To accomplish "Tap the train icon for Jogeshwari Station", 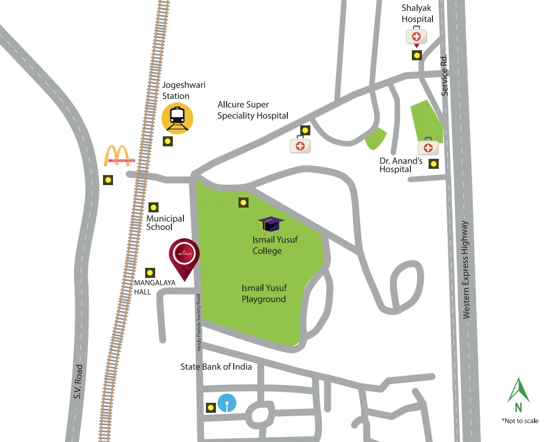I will pyautogui.click(x=177, y=118).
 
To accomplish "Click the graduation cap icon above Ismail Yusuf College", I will pyautogui.click(x=271, y=224).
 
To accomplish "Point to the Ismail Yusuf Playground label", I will pyautogui.click(x=264, y=294).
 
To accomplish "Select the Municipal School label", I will pyautogui.click(x=165, y=222).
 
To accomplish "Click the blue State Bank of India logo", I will pyautogui.click(x=227, y=403).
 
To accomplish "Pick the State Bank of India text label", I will pyautogui.click(x=216, y=367).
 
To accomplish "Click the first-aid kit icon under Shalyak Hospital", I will pyautogui.click(x=417, y=36).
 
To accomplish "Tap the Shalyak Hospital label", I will pyautogui.click(x=418, y=13).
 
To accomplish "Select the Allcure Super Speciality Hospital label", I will pyautogui.click(x=253, y=110).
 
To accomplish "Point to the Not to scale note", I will pyautogui.click(x=520, y=421).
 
